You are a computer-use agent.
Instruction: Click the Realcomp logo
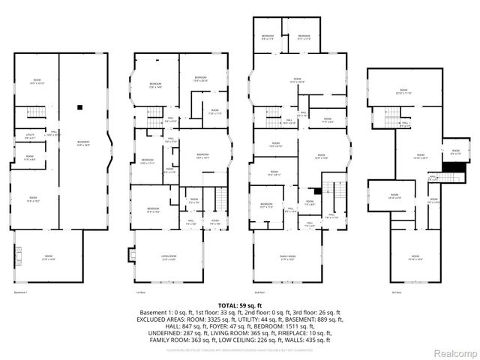coord(453,352)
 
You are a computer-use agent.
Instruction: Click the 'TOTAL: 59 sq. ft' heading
coord(239,305)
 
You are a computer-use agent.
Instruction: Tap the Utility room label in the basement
coord(31,136)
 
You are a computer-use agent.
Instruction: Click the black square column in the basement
coord(78,107)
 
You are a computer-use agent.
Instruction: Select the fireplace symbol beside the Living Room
coord(133,253)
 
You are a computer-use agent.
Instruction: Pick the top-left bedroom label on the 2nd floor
coord(268,36)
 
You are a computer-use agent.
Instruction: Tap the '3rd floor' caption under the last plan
coord(395,292)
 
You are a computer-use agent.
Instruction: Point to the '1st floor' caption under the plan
coord(140,292)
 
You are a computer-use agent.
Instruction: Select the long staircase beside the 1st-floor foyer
coord(220,199)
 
